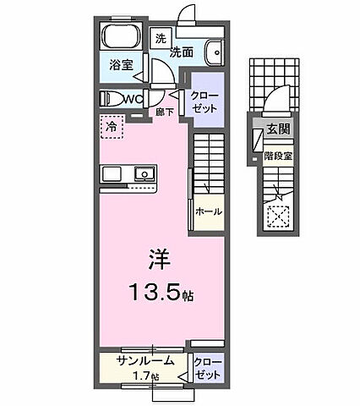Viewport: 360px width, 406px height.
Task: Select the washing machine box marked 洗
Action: point(160,38)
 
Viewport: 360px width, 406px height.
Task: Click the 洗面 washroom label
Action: point(182,52)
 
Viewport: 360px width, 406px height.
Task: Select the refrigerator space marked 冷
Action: point(112,126)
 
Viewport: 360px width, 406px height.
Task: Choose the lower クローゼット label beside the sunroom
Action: point(207,368)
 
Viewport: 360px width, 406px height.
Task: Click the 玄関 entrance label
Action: point(278,129)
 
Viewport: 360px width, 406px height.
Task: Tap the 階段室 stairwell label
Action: point(277,156)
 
